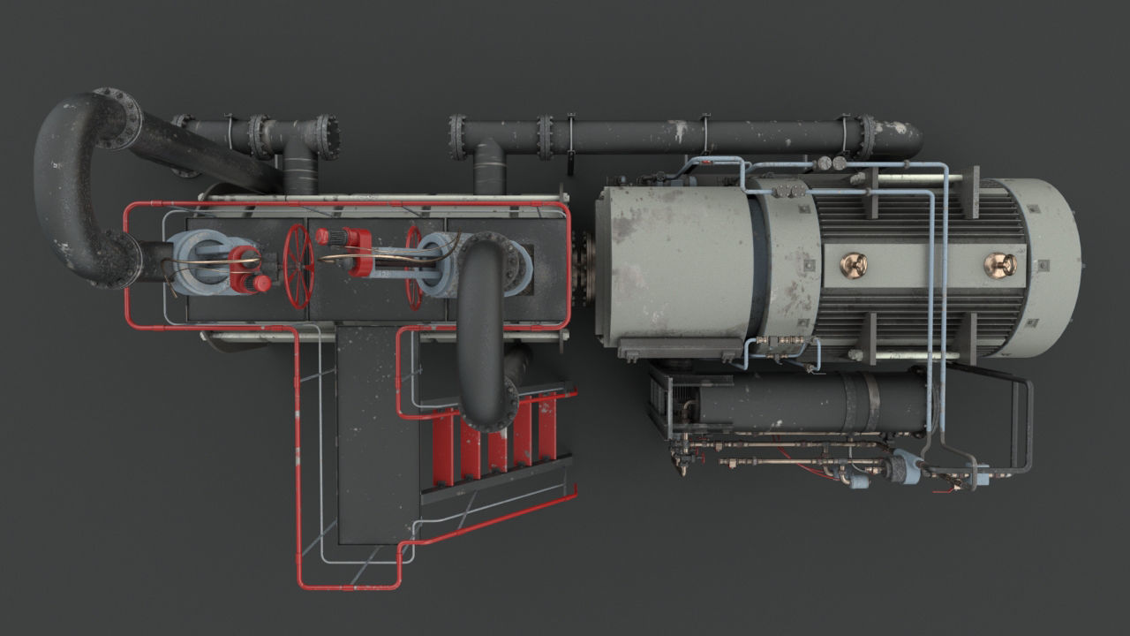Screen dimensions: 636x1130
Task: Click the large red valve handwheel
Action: click(x=299, y=265)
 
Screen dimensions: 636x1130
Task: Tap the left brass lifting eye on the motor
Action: click(x=853, y=264)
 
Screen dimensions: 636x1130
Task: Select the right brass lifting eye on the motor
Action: click(x=999, y=264)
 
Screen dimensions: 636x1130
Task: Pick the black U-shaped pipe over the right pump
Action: click(x=482, y=327)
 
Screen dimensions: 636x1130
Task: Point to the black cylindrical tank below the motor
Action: click(x=795, y=402)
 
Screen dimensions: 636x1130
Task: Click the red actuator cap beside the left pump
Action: click(x=247, y=269)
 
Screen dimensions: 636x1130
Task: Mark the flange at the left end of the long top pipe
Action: click(x=457, y=138)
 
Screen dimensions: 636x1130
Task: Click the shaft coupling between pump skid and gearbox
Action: click(x=583, y=265)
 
